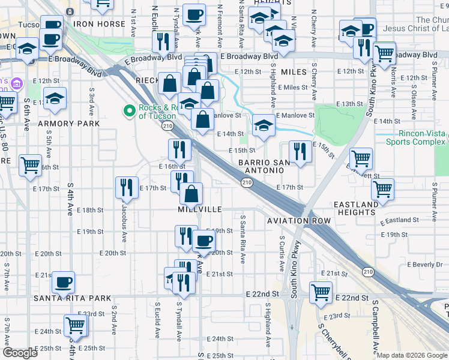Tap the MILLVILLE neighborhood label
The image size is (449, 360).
point(200,209)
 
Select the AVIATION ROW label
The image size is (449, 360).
point(299,221)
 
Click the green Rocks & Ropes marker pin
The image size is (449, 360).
point(128,110)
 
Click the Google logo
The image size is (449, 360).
point(20,353)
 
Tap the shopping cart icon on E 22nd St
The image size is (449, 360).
point(321,292)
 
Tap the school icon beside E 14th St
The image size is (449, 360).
point(264,125)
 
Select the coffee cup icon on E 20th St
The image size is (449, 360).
point(203,241)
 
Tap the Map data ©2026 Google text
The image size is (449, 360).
point(412,355)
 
